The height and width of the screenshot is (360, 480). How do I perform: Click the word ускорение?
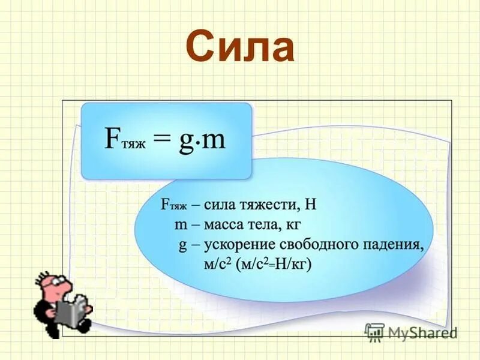pyautogui.click(x=241, y=245)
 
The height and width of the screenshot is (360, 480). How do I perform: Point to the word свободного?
pyautogui.click(x=320, y=245)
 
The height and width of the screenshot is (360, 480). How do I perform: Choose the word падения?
pyautogui.click(x=395, y=245)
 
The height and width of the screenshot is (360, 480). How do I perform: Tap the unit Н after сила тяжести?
pyautogui.click(x=310, y=205)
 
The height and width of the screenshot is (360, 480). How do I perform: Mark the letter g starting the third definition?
pyautogui.click(x=182, y=246)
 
